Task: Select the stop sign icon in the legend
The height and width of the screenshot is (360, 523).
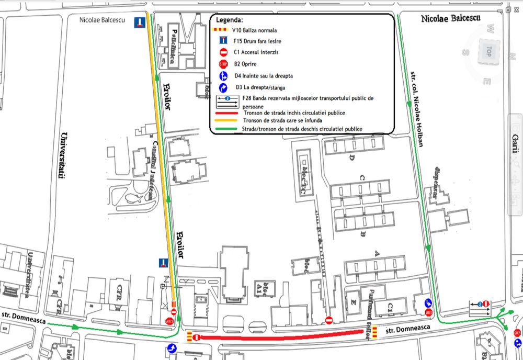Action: (223, 64)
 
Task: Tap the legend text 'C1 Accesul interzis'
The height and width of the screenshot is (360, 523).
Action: (256, 52)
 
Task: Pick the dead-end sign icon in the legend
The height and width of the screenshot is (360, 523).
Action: (223, 40)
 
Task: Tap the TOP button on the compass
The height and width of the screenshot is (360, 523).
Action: (488, 51)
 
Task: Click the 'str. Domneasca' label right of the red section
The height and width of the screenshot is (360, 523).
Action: (408, 328)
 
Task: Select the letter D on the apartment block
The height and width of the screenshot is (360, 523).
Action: (352, 157)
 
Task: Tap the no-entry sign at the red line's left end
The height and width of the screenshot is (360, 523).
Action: (196, 337)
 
